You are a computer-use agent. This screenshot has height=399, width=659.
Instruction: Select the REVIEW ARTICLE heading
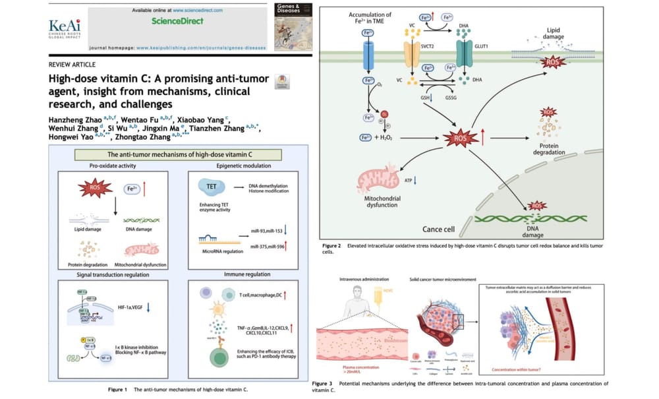tap(72, 65)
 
